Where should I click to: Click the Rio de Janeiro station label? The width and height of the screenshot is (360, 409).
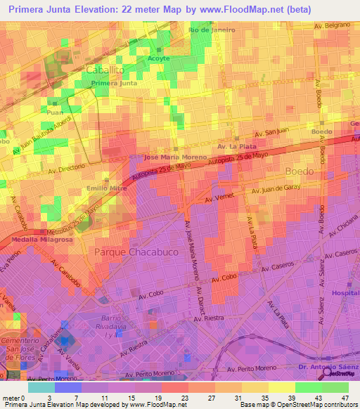click(212, 30)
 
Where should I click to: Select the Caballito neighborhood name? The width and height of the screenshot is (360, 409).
click(105, 70)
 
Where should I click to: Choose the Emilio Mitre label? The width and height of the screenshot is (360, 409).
click(106, 188)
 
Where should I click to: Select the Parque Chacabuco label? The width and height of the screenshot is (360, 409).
click(131, 252)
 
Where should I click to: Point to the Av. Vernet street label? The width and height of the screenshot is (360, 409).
click(218, 200)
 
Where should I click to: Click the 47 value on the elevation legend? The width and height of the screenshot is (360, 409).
click(344, 398)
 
